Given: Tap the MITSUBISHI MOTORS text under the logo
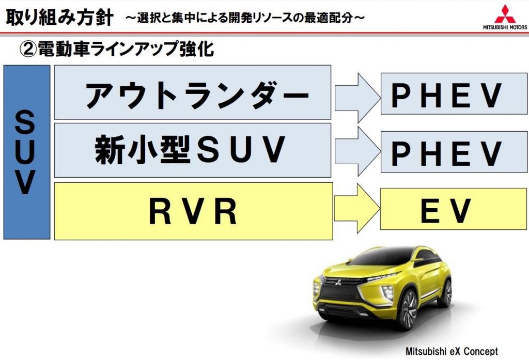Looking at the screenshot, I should point(504,27).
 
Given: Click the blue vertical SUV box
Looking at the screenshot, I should point(26,152).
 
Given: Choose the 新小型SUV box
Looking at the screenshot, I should point(192,150).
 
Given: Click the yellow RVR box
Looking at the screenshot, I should point(192,210).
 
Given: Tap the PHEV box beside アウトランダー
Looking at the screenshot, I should point(454,93).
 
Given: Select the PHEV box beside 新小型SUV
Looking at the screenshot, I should point(454,151).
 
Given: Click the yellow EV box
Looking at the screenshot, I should point(454,209).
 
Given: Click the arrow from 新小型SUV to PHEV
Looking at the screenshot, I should point(356,151).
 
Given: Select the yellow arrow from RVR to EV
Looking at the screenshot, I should point(356,209).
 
